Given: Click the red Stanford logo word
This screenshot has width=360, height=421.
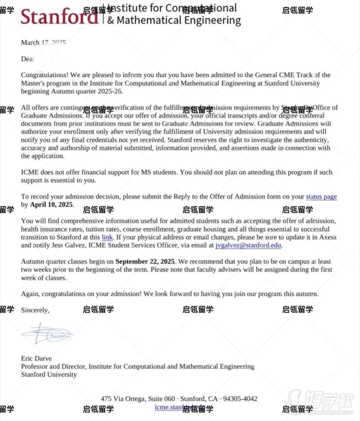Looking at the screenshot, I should click(59, 17).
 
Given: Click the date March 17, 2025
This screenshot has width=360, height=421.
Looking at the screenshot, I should click(43, 43).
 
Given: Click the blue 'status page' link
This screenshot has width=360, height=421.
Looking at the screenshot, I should click(321, 197).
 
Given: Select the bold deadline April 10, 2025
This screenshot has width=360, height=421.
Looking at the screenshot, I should click(51, 205).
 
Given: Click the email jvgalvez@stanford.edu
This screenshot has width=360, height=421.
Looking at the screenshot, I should click(248, 245).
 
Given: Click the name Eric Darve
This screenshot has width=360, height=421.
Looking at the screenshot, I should click(36, 359).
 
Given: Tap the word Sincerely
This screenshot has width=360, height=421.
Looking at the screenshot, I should click(35, 310).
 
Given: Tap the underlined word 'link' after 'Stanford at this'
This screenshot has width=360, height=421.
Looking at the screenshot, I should click(107, 237).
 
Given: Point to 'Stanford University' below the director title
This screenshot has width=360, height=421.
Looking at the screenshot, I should click(49, 375).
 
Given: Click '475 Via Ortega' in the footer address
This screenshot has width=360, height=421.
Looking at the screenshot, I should click(123, 399).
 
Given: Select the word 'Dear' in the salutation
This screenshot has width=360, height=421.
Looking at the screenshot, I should click(27, 59).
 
